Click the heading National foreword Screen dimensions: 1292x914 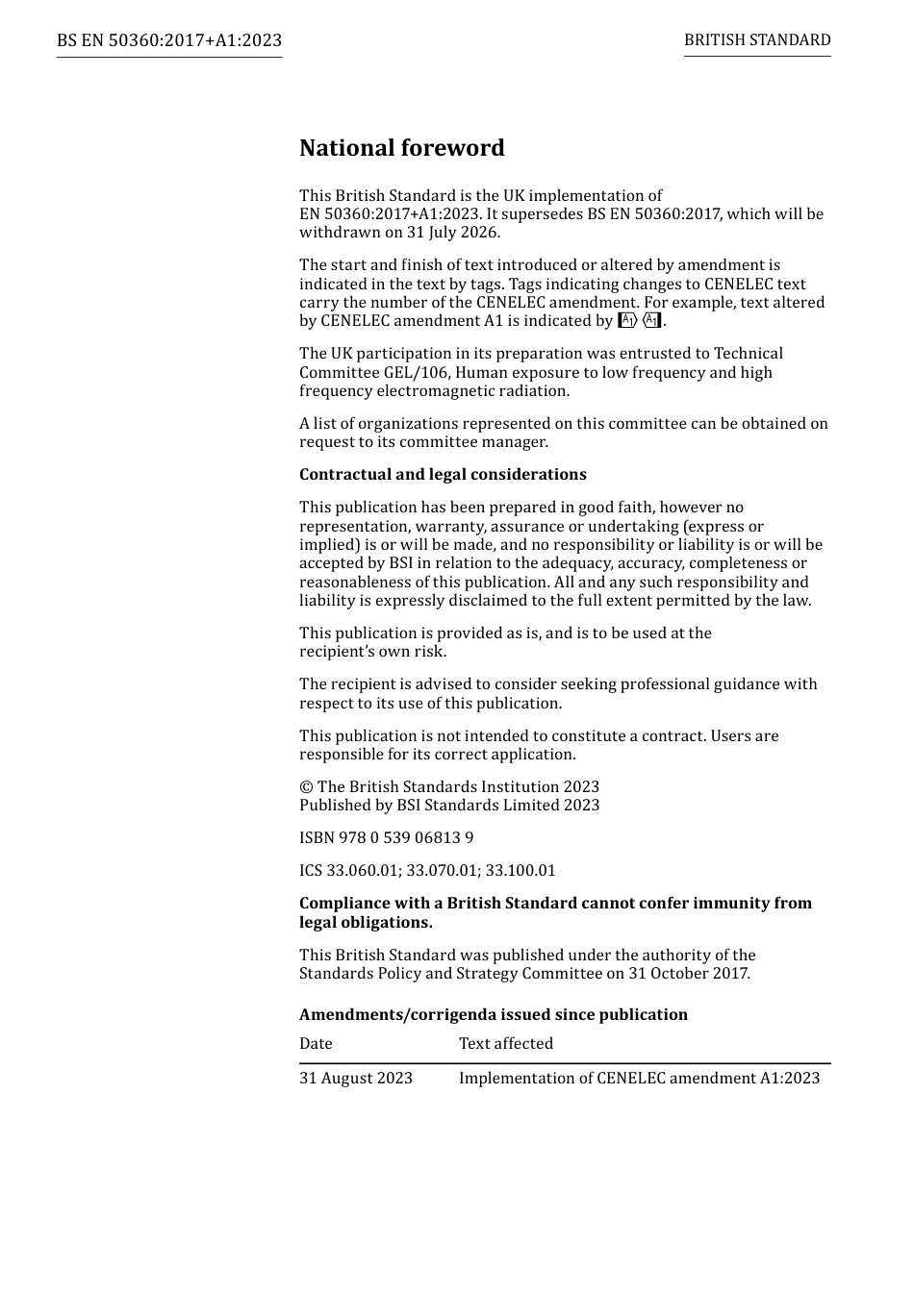tap(401, 148)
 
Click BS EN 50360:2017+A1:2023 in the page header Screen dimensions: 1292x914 tap(169, 40)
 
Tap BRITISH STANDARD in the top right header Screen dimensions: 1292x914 tap(757, 40)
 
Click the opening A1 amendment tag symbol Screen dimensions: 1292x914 tap(627, 321)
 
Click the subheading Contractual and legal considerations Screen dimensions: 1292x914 tap(443, 475)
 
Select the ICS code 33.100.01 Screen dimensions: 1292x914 tap(520, 871)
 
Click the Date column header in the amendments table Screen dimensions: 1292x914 tap(316, 1044)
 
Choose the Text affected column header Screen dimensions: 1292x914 tap(506, 1044)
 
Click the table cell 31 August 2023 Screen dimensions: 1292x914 tap(356, 1079)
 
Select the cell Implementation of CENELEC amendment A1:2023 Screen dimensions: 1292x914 tap(639, 1079)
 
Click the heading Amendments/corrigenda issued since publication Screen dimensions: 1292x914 tap(494, 1015)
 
